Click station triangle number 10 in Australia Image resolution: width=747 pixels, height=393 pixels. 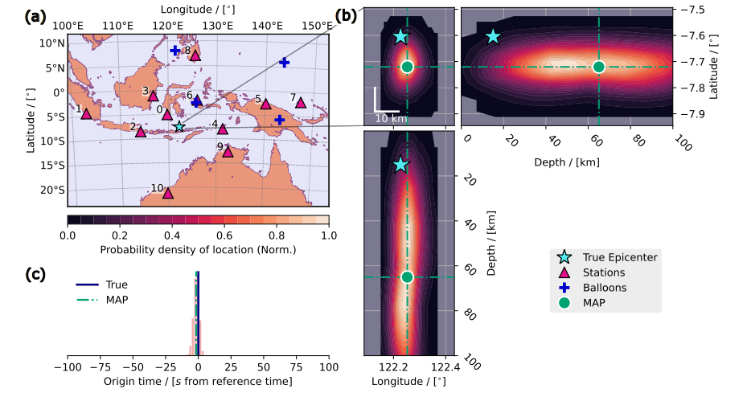168,193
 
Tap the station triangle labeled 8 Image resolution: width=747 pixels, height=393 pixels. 195,55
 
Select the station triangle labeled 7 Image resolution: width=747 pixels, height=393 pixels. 301,103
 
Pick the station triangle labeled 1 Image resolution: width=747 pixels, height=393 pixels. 86,113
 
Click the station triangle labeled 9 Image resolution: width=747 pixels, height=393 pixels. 228,151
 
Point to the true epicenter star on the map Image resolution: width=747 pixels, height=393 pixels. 179,126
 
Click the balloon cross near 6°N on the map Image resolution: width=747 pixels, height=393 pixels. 284,62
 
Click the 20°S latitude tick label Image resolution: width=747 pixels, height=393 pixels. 55,190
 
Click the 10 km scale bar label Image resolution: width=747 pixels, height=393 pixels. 392,119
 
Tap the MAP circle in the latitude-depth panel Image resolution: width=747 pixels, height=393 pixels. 598,67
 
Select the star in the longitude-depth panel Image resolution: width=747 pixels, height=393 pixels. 400,165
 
